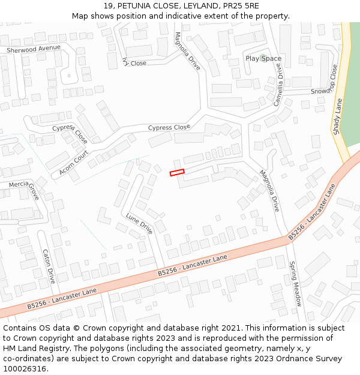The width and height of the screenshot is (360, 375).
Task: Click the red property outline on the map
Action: coord(177,173)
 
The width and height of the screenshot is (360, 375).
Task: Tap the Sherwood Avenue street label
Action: coord(34,49)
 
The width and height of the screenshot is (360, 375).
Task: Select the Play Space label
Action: coord(263,58)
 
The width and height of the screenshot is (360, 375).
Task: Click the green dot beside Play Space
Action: coord(263,58)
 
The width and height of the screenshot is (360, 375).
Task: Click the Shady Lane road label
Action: coord(338,117)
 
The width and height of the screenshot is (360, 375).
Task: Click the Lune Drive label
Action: coord(139,223)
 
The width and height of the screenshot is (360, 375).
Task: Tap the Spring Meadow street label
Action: coord(295,284)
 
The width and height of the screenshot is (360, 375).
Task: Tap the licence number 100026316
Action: coord(25,369)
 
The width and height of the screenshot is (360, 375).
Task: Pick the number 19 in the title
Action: coord(107,6)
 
